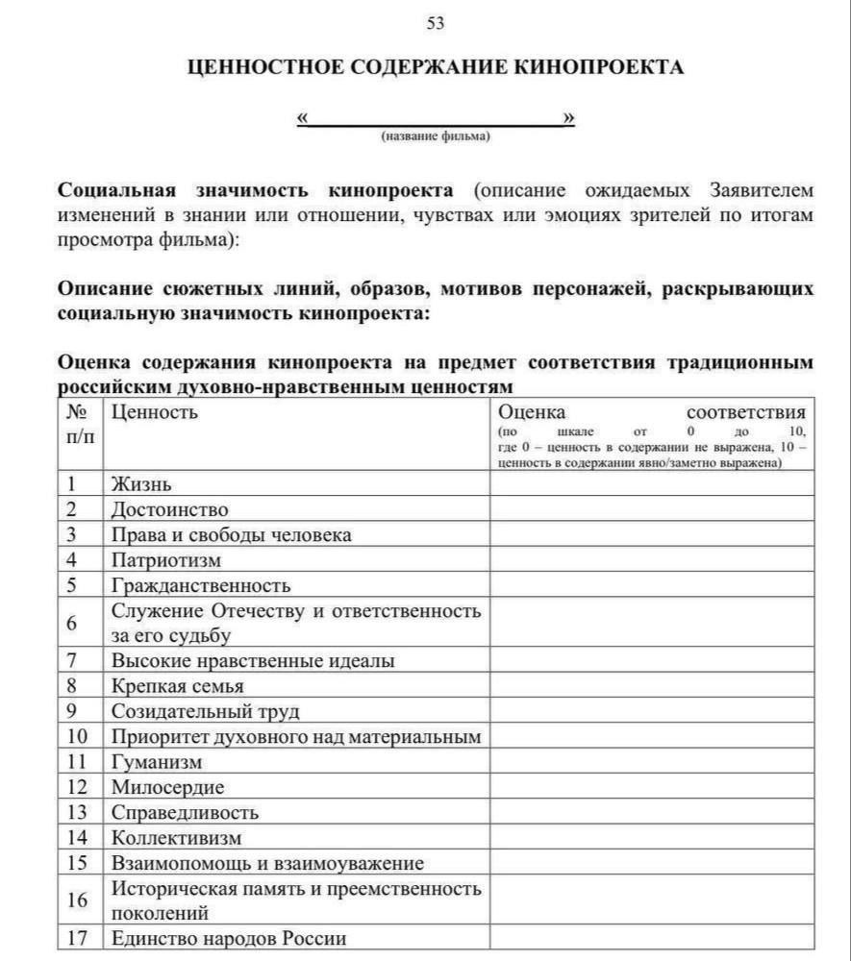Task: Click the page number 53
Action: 436,23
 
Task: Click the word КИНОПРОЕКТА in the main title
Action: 600,67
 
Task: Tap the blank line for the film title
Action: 436,121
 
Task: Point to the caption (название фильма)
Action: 436,137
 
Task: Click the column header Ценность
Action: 155,412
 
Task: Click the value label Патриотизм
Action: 166,559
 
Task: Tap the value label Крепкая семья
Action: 178,686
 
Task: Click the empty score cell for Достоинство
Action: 651,509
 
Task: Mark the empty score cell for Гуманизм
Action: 651,762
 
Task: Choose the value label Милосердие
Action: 168,787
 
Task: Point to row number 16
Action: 78,900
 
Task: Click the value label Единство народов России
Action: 229,938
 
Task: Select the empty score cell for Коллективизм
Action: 651,838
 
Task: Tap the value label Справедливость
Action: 186,813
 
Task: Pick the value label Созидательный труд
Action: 206,712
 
